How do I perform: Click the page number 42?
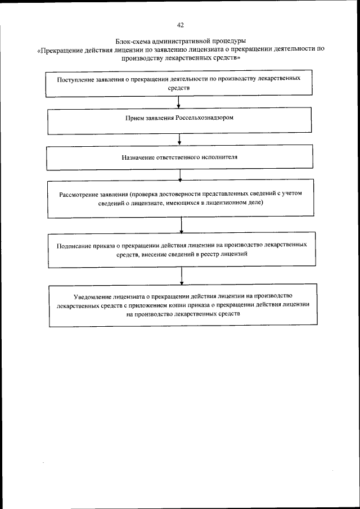[180, 25]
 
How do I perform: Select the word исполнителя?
[219, 157]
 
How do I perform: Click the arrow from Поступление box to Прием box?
[179, 102]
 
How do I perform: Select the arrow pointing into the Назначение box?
[179, 140]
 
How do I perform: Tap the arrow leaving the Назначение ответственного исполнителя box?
[179, 175]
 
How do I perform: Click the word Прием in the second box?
[135, 119]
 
